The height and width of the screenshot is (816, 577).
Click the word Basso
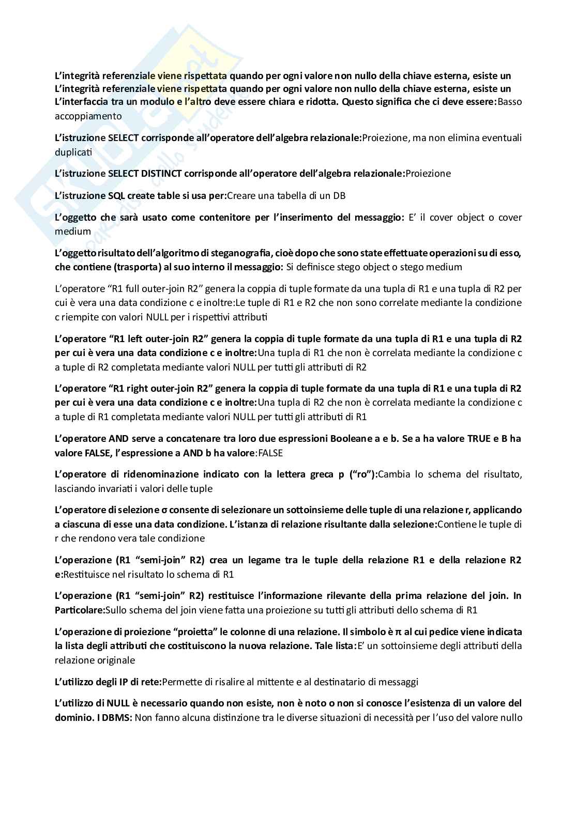tap(509, 102)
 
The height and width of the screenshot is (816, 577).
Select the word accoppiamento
tap(88, 116)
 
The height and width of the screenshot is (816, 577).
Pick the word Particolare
tap(79, 610)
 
